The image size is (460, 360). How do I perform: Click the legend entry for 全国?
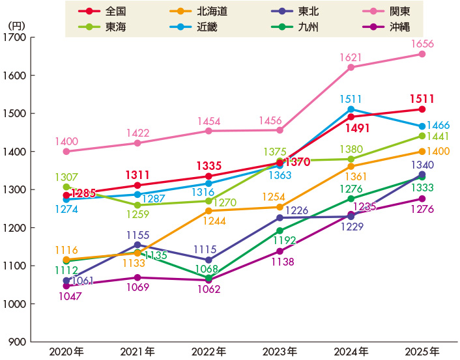pyautogui.click(x=104, y=12)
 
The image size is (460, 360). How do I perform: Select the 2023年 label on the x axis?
pyautogui.click(x=280, y=352)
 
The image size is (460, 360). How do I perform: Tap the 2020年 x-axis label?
pyautogui.click(x=66, y=352)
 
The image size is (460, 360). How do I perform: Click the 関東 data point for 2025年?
pyautogui.click(x=422, y=54)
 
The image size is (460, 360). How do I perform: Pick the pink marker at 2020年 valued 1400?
pyautogui.click(x=66, y=151)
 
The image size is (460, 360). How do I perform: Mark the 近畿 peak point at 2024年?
pyautogui.click(x=351, y=109)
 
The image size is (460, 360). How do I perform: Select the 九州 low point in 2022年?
pyautogui.click(x=208, y=278)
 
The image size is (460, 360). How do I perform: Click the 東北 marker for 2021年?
pyautogui.click(x=137, y=245)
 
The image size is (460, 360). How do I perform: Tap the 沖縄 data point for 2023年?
pyautogui.click(x=280, y=251)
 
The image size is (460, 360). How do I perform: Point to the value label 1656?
pyautogui.click(x=422, y=44)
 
